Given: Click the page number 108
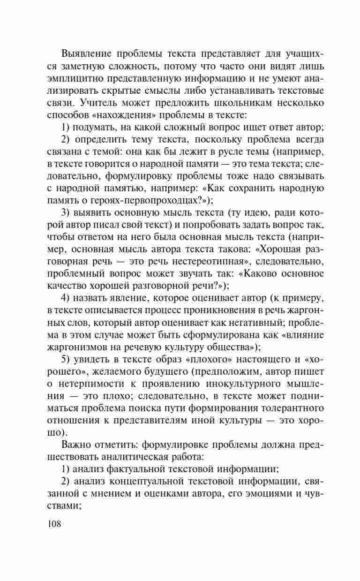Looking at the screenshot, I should [54, 523].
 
